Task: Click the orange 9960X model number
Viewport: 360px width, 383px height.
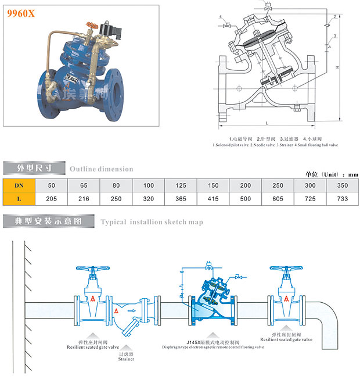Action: coord(21,14)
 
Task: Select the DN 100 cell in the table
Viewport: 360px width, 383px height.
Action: coord(149,185)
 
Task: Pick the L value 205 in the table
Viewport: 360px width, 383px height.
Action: coord(51,199)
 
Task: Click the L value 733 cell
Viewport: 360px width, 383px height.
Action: coord(343,199)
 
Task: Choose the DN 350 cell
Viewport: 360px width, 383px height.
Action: coord(343,185)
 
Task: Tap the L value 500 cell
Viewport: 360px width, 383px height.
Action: coord(246,199)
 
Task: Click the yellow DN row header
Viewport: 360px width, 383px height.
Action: coord(19,185)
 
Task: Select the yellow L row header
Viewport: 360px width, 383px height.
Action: coord(19,199)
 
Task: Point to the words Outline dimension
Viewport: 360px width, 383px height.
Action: coord(101,169)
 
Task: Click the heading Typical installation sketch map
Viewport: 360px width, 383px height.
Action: coord(152,222)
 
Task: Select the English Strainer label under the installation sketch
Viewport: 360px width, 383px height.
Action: coord(126,359)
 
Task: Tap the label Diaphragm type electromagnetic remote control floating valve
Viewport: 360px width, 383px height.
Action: coord(214,347)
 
